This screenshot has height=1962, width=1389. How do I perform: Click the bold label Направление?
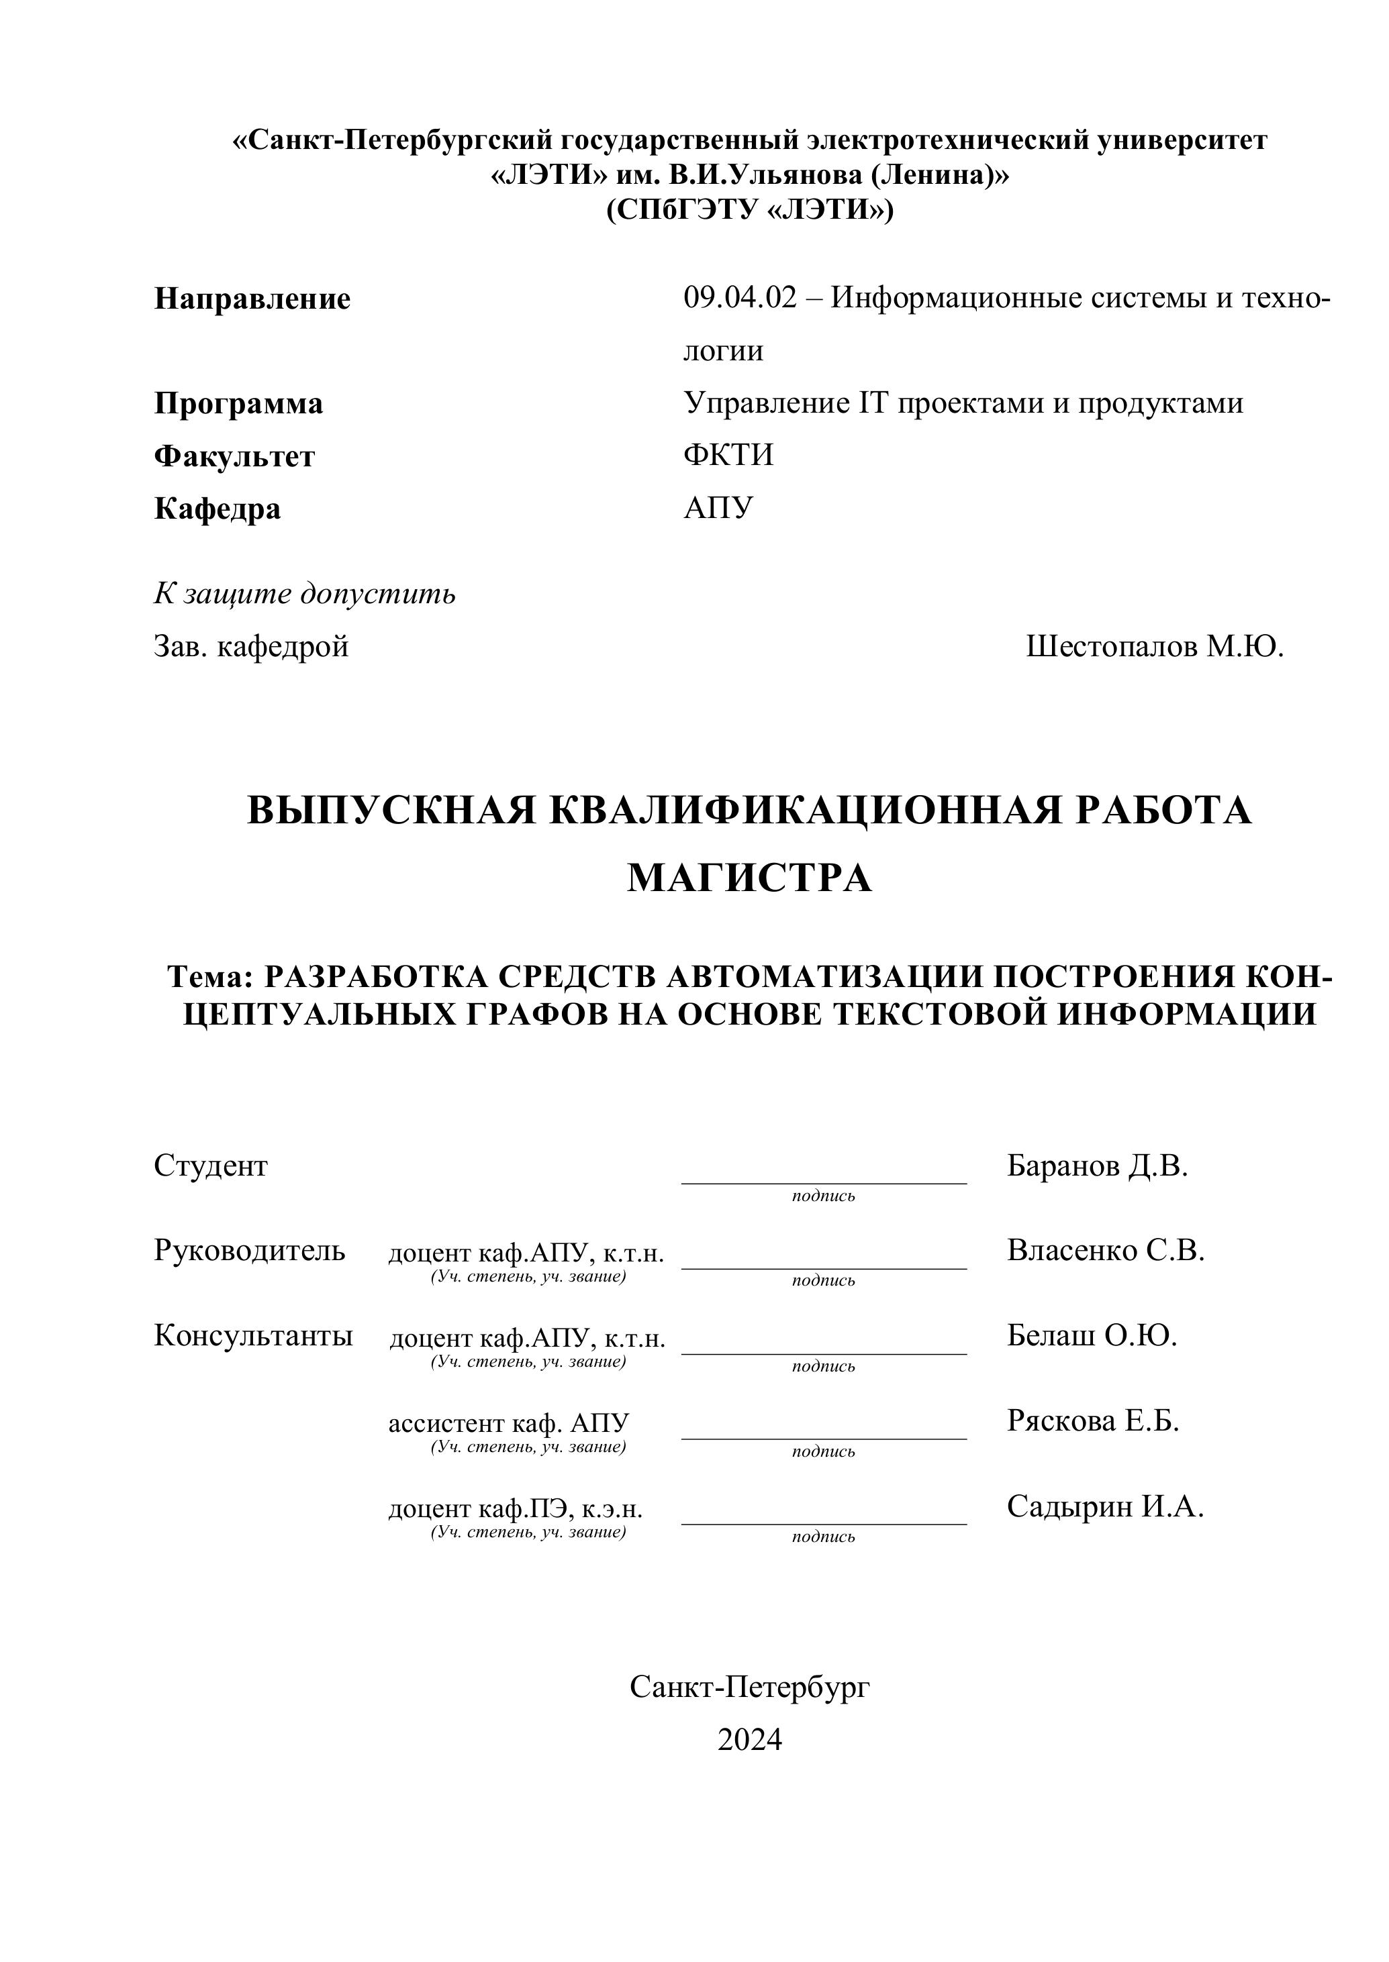tap(252, 299)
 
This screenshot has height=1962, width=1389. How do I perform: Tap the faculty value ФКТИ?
tap(728, 455)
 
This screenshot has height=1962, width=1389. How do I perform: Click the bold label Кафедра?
tap(218, 509)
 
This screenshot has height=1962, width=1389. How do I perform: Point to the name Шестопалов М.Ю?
tap(1155, 647)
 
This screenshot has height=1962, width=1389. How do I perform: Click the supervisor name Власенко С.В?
tap(1106, 1251)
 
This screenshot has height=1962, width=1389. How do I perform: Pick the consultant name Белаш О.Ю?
tap(1092, 1335)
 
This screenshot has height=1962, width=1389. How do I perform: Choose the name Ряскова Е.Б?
tap(1093, 1421)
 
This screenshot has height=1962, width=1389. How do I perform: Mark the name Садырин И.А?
tap(1105, 1506)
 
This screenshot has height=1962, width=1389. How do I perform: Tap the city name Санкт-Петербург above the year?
tap(749, 1687)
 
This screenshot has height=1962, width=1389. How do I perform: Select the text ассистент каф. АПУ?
tap(509, 1423)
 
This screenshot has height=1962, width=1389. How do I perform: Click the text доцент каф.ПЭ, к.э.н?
tap(516, 1509)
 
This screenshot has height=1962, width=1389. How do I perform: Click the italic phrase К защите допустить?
tap(305, 593)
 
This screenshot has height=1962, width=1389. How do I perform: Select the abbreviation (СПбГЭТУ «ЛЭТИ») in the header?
tap(749, 209)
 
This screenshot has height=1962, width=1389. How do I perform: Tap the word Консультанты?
tap(253, 1335)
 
